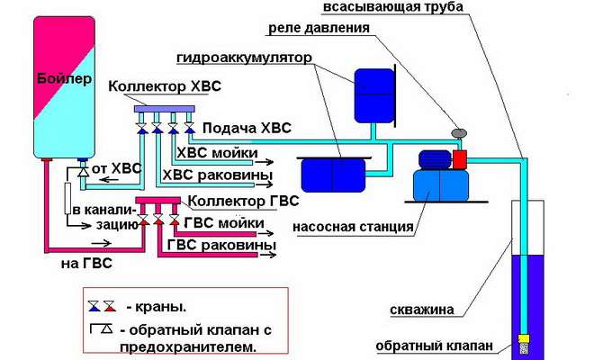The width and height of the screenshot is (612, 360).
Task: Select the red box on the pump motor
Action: [459, 160]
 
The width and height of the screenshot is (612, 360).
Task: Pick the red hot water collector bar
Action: [158, 201]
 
